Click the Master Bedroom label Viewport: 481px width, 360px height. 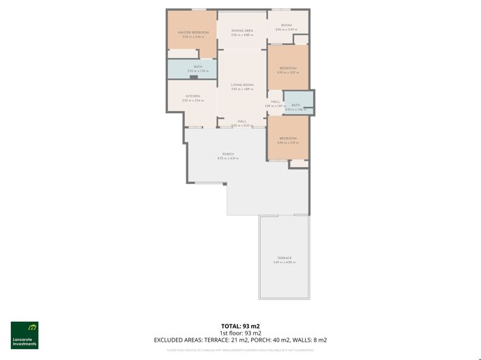pyautogui.click(x=193, y=32)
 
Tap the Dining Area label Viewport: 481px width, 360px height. pyautogui.click(x=242, y=31)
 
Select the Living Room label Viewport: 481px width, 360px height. pyautogui.click(x=242, y=85)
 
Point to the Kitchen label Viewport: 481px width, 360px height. pyautogui.click(x=192, y=96)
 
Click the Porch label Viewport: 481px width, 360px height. pyautogui.click(x=228, y=154)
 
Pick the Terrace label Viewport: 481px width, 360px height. pyautogui.click(x=284, y=258)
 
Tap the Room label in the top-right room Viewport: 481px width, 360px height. pyautogui.click(x=286, y=25)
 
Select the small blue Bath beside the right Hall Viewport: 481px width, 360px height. pyautogui.click(x=295, y=105)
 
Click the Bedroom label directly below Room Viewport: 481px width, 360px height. pyautogui.click(x=287, y=67)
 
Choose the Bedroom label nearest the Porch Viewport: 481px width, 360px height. pyautogui.click(x=287, y=138)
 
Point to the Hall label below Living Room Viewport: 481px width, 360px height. pyautogui.click(x=242, y=121)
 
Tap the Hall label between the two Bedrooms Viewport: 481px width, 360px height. pyautogui.click(x=275, y=102)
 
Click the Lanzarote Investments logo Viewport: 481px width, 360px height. pyautogui.click(x=25, y=335)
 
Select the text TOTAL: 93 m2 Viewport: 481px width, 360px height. pyautogui.click(x=240, y=326)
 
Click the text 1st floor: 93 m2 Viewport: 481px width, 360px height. pyautogui.click(x=240, y=333)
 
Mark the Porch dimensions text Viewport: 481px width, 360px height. pyautogui.click(x=228, y=158)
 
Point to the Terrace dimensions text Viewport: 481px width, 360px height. pyautogui.click(x=284, y=262)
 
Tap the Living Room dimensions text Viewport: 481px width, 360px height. pyautogui.click(x=242, y=89)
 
